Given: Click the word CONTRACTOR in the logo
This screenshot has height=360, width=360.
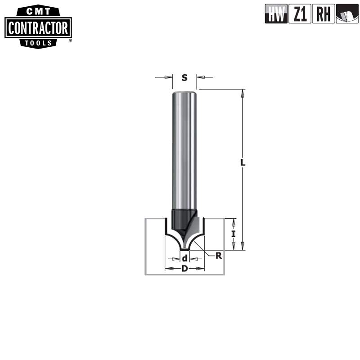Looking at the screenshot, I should (38, 28).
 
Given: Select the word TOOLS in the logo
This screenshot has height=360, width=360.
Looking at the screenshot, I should (38, 43).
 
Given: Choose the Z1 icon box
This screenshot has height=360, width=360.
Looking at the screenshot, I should (300, 14).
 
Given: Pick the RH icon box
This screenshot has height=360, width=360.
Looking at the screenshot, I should (324, 14).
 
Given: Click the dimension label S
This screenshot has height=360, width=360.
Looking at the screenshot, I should (184, 77).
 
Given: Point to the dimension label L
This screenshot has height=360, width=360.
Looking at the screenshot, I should (243, 163).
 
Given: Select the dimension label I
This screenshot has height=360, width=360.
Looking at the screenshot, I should (233, 234).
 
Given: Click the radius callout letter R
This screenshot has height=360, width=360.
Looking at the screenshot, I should (219, 256).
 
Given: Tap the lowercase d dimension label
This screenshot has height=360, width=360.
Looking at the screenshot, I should (184, 259).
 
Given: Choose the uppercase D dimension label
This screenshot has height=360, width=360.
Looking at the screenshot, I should (184, 269).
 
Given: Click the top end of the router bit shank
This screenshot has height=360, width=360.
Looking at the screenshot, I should (184, 93).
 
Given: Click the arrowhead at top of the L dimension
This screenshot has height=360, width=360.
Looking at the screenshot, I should (243, 94).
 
